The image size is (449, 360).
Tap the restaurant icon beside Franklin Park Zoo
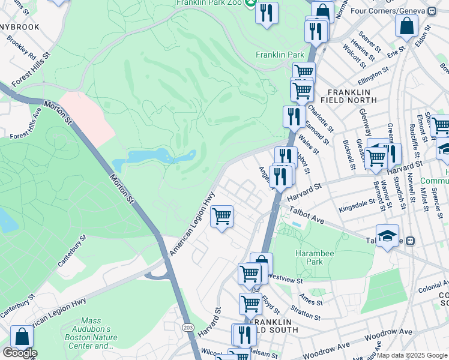267,13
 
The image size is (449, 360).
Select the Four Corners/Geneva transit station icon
432,11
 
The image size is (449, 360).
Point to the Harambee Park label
313,257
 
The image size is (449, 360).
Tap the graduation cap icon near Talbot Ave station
387,235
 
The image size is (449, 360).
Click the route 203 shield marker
188,326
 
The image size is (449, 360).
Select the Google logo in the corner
19,353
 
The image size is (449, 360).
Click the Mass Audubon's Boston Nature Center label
86,337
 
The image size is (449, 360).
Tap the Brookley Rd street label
22,47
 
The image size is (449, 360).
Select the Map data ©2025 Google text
412,355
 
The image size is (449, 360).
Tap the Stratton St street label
306,313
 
